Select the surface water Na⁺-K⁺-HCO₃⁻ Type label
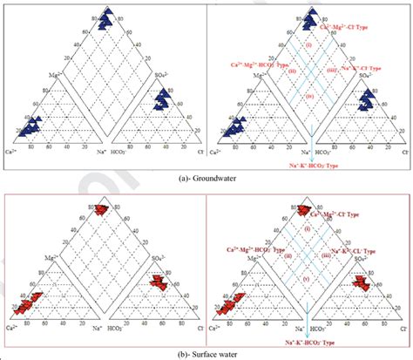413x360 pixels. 313,339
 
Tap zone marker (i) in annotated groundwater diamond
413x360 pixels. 308,44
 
